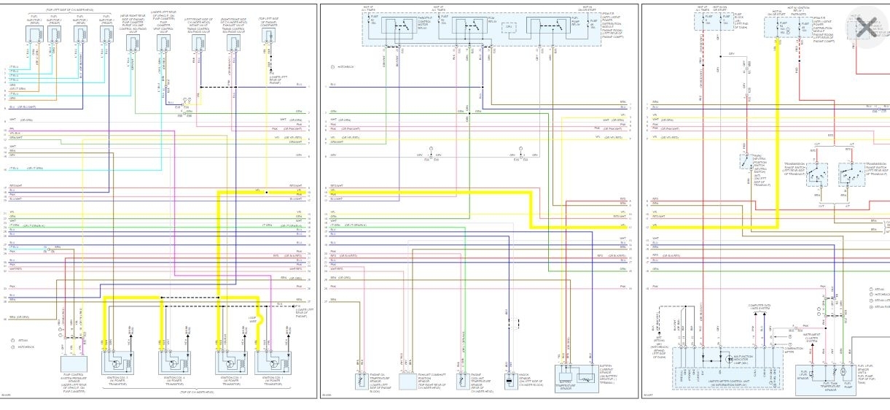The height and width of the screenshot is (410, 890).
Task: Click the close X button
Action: point(866,28)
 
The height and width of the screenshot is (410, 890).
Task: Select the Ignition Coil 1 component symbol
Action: point(117,363)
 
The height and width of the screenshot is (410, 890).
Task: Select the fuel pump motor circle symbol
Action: point(843,371)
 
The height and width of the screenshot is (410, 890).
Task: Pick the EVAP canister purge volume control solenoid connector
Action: point(133,44)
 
